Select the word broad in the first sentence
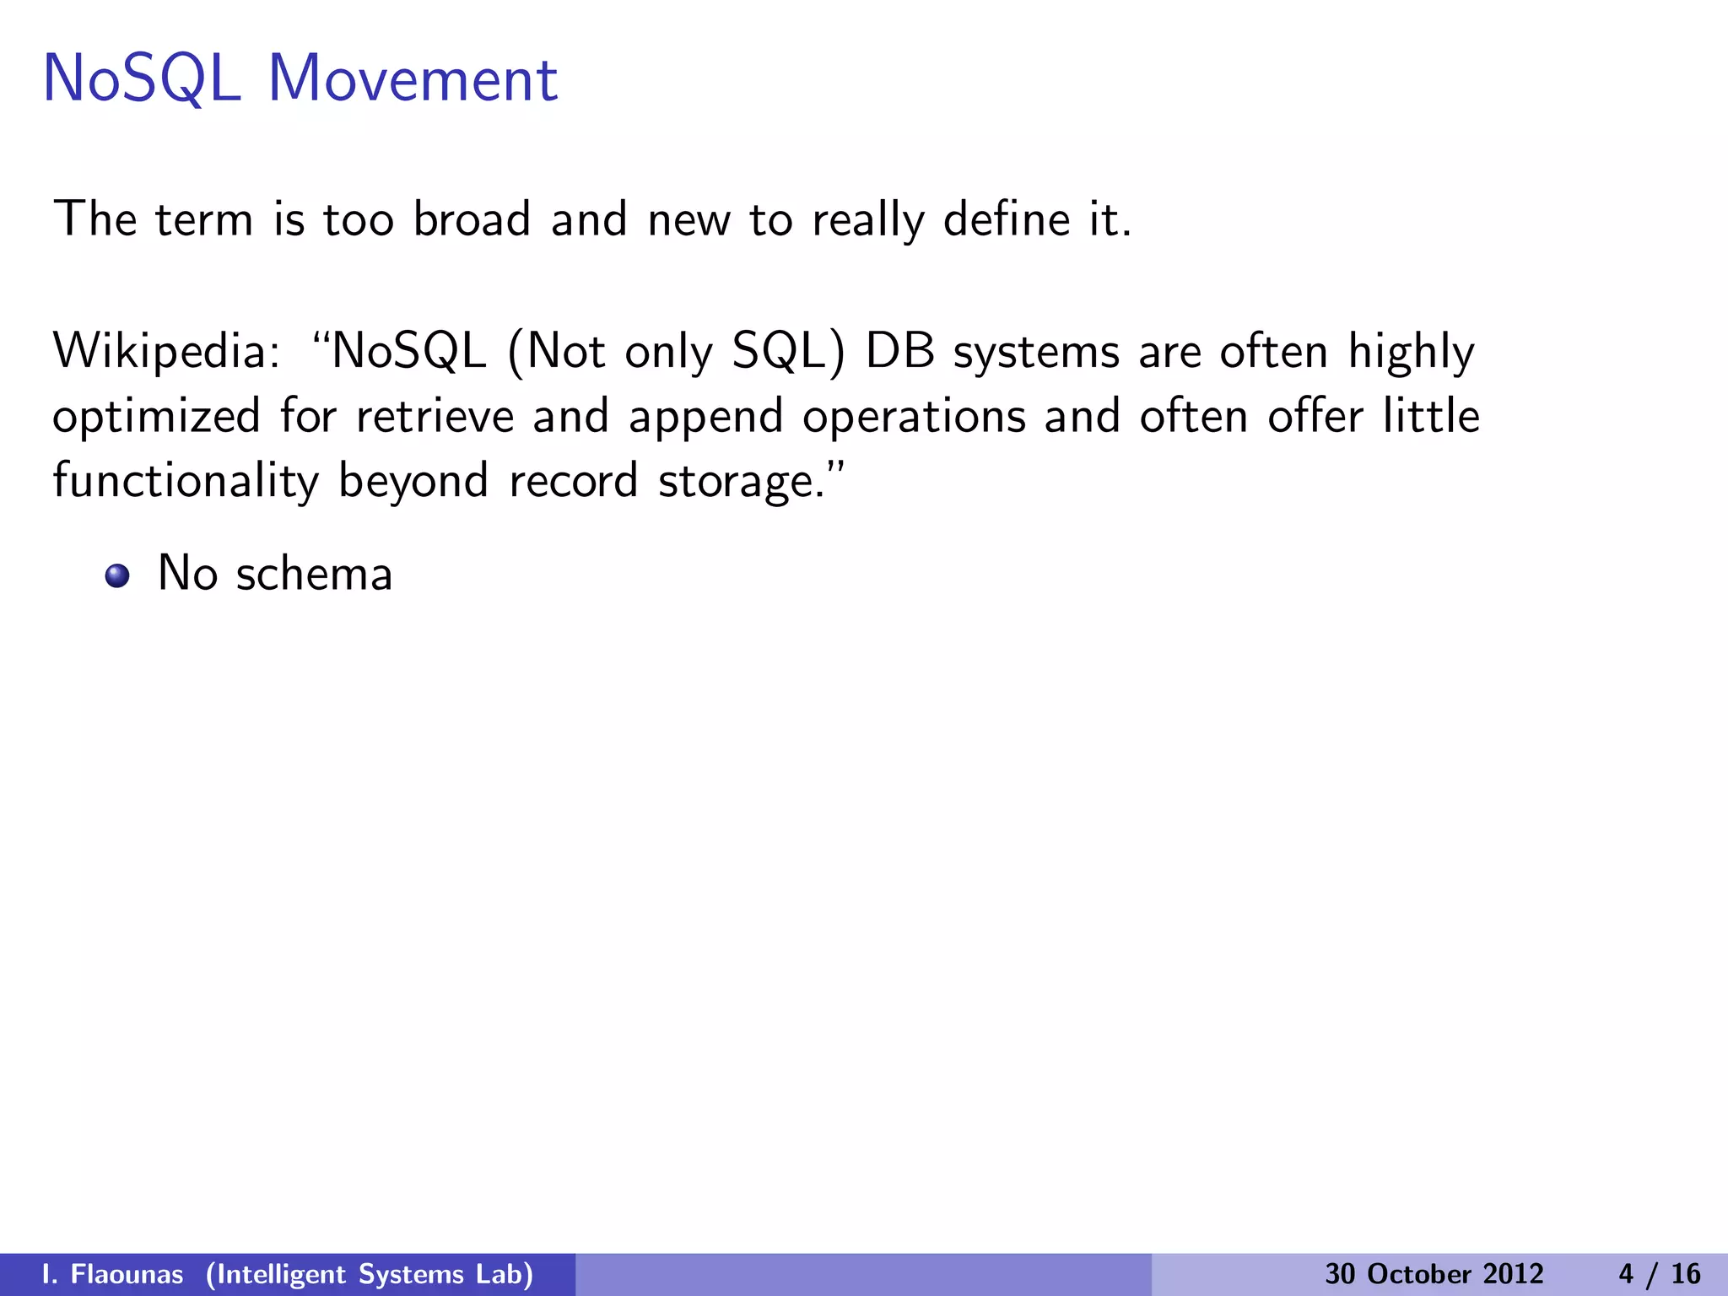click(472, 219)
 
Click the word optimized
click(156, 418)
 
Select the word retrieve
click(435, 416)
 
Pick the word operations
click(913, 418)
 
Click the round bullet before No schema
click(117, 576)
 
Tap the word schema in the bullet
click(314, 574)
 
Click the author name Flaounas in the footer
click(127, 1274)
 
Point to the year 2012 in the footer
click(1515, 1274)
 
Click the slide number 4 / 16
click(1660, 1274)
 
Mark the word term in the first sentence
click(204, 219)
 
